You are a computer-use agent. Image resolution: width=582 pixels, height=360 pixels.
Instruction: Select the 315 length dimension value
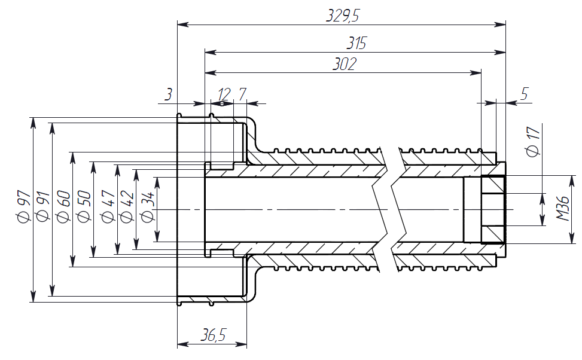tap(356, 44)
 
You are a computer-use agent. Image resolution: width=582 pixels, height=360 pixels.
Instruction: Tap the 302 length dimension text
tap(344, 64)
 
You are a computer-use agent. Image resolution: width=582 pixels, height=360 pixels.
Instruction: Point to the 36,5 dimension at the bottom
tap(213, 336)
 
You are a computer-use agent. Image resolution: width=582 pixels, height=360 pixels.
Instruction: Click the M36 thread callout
tap(563, 209)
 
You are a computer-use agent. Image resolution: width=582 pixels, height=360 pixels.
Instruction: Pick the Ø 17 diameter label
tap(533, 142)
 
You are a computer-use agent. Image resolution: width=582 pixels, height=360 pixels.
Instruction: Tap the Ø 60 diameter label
tap(64, 206)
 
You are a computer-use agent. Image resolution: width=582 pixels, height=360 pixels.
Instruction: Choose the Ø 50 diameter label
tap(84, 206)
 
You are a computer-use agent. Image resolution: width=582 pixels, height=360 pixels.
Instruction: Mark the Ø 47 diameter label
tap(108, 206)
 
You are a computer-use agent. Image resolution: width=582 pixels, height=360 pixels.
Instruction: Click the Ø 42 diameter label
tap(126, 206)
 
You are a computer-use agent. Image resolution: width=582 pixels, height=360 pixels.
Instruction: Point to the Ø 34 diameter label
tap(147, 206)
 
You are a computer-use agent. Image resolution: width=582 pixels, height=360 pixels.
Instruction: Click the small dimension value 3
tap(169, 94)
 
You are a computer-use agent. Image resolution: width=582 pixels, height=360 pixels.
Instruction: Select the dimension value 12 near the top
tap(224, 94)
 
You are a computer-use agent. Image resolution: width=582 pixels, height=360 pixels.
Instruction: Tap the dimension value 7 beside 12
tap(242, 94)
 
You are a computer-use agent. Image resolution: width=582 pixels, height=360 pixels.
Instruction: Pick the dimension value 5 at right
tap(525, 94)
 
